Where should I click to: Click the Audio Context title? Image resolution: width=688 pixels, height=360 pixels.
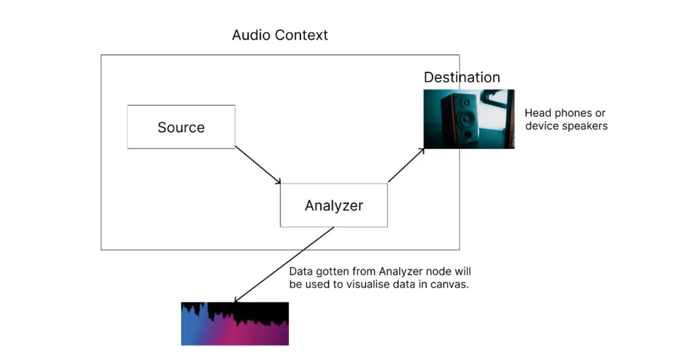[280, 35]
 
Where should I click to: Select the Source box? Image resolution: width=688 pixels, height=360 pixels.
[181, 127]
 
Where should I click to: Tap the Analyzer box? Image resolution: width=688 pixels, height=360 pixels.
[334, 205]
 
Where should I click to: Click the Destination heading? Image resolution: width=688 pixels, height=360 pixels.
[462, 77]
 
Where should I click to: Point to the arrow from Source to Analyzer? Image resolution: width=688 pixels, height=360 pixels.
[258, 166]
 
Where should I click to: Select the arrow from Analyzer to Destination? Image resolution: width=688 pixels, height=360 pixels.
[406, 166]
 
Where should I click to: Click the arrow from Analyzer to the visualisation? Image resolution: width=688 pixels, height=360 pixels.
[284, 264]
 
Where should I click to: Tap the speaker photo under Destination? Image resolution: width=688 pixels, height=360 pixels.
[468, 119]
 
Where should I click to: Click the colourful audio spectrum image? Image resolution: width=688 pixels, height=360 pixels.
[234, 324]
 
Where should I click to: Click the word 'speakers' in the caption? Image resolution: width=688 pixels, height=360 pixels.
[585, 126]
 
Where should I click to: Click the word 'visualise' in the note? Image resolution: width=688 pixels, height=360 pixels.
[375, 284]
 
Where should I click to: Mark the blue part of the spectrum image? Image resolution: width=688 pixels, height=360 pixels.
[192, 330]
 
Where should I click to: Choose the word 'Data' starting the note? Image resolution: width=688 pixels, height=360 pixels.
[300, 271]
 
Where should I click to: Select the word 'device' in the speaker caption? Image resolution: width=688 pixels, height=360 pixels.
[541, 126]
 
